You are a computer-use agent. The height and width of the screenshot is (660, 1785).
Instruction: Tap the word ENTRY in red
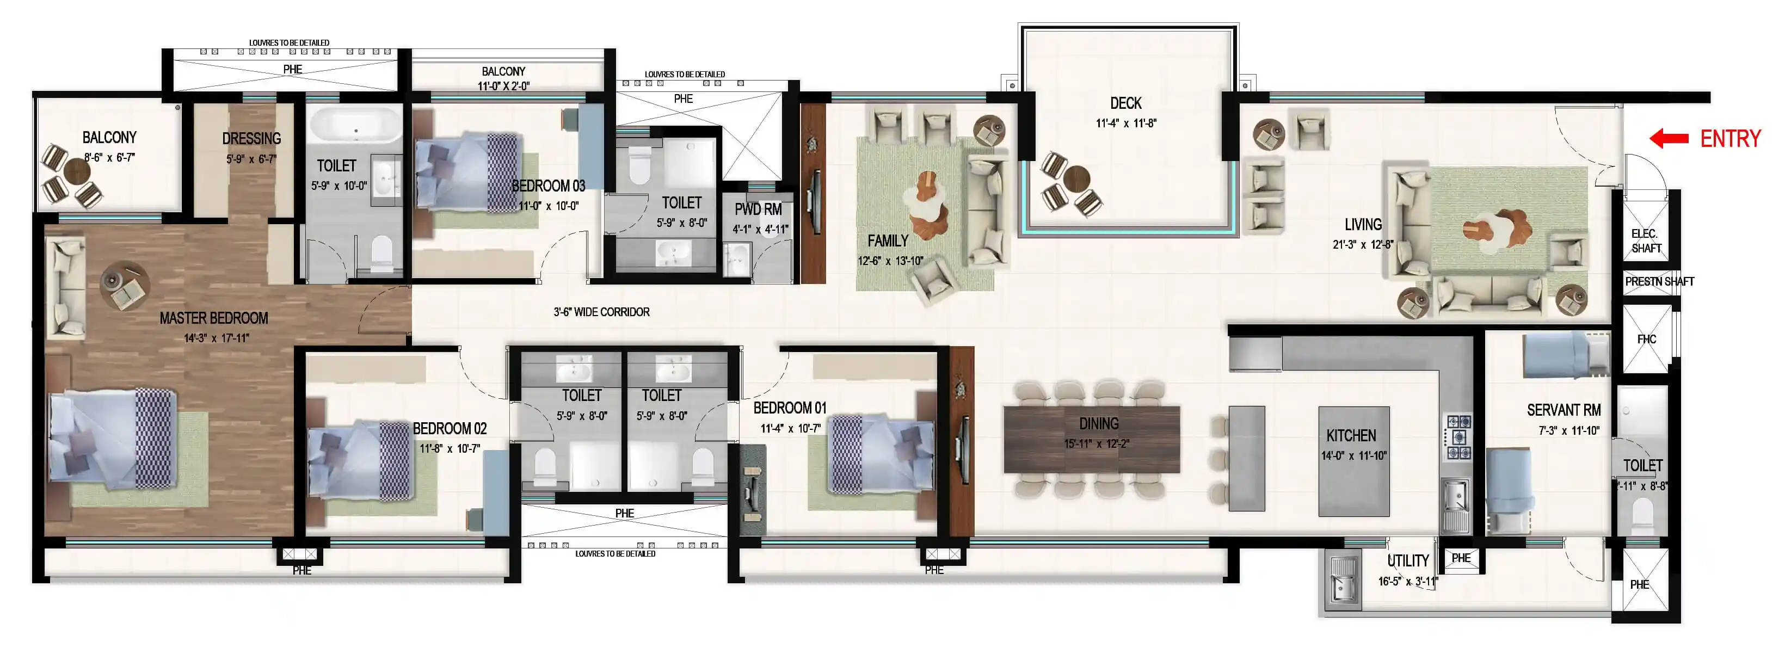pyautogui.click(x=1730, y=139)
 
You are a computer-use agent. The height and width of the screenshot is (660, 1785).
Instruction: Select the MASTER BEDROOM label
pyautogui.click(x=213, y=318)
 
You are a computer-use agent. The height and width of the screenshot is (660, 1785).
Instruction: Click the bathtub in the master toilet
pyautogui.click(x=355, y=126)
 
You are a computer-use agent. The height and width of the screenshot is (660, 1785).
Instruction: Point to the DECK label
pyautogui.click(x=1126, y=103)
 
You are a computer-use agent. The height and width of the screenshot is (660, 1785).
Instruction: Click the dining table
pyautogui.click(x=1091, y=439)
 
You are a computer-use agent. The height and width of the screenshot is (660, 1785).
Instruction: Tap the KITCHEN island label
pyautogui.click(x=1351, y=436)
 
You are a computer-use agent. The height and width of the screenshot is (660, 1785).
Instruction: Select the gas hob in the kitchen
pyautogui.click(x=1458, y=437)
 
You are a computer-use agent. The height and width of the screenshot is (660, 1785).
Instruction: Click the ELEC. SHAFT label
pyautogui.click(x=1646, y=240)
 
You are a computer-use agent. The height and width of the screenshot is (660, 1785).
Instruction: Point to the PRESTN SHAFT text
pyautogui.click(x=1660, y=281)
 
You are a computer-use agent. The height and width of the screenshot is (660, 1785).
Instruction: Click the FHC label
pyautogui.click(x=1646, y=340)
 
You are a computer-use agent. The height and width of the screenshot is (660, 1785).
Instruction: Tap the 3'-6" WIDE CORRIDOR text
pyautogui.click(x=601, y=312)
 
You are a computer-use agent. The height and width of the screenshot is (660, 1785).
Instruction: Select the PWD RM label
pyautogui.click(x=758, y=209)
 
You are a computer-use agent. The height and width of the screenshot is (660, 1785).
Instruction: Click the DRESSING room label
pyautogui.click(x=251, y=139)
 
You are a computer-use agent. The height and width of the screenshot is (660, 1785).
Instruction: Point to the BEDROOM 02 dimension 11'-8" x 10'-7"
pyautogui.click(x=450, y=448)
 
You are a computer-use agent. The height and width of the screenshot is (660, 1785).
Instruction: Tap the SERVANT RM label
pyautogui.click(x=1564, y=410)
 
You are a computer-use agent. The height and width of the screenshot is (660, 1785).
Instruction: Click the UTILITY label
pyautogui.click(x=1408, y=560)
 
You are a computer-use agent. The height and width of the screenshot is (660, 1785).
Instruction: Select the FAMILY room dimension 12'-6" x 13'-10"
pyautogui.click(x=890, y=261)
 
